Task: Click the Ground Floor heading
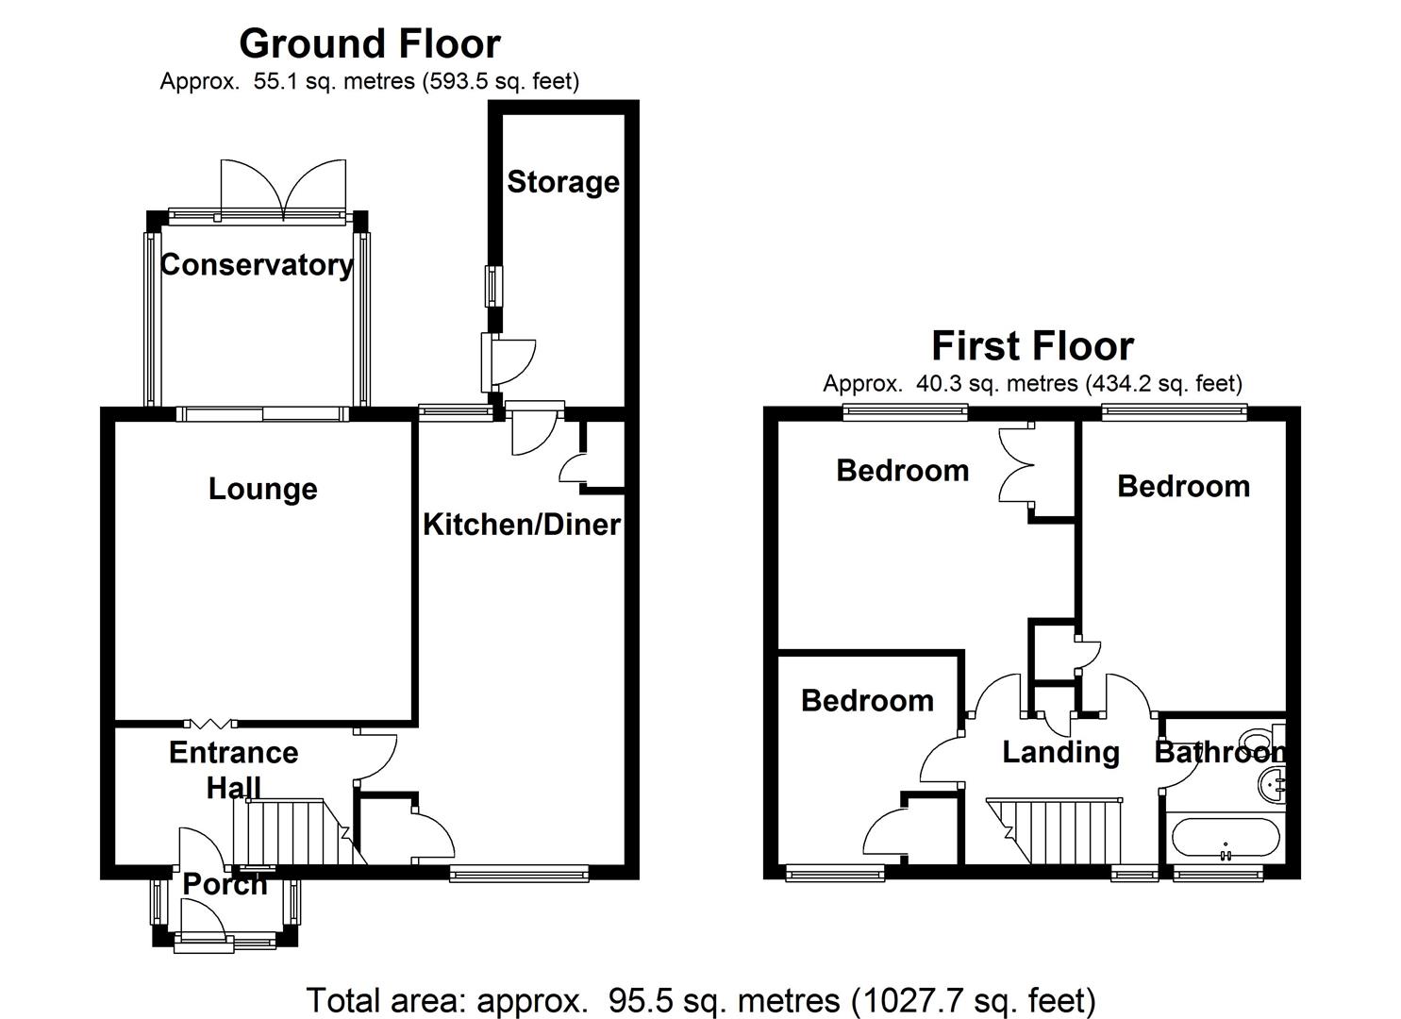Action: [369, 43]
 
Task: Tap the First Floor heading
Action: [1032, 345]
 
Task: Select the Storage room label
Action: [563, 181]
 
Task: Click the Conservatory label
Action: [257, 264]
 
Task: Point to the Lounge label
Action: [262, 489]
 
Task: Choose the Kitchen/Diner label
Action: [522, 524]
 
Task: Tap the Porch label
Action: [225, 884]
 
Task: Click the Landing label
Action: [1060, 752]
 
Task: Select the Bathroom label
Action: [1219, 752]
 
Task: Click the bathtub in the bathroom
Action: [1225, 837]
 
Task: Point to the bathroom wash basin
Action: [1272, 783]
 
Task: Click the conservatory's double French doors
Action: [283, 189]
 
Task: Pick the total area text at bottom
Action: [700, 999]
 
